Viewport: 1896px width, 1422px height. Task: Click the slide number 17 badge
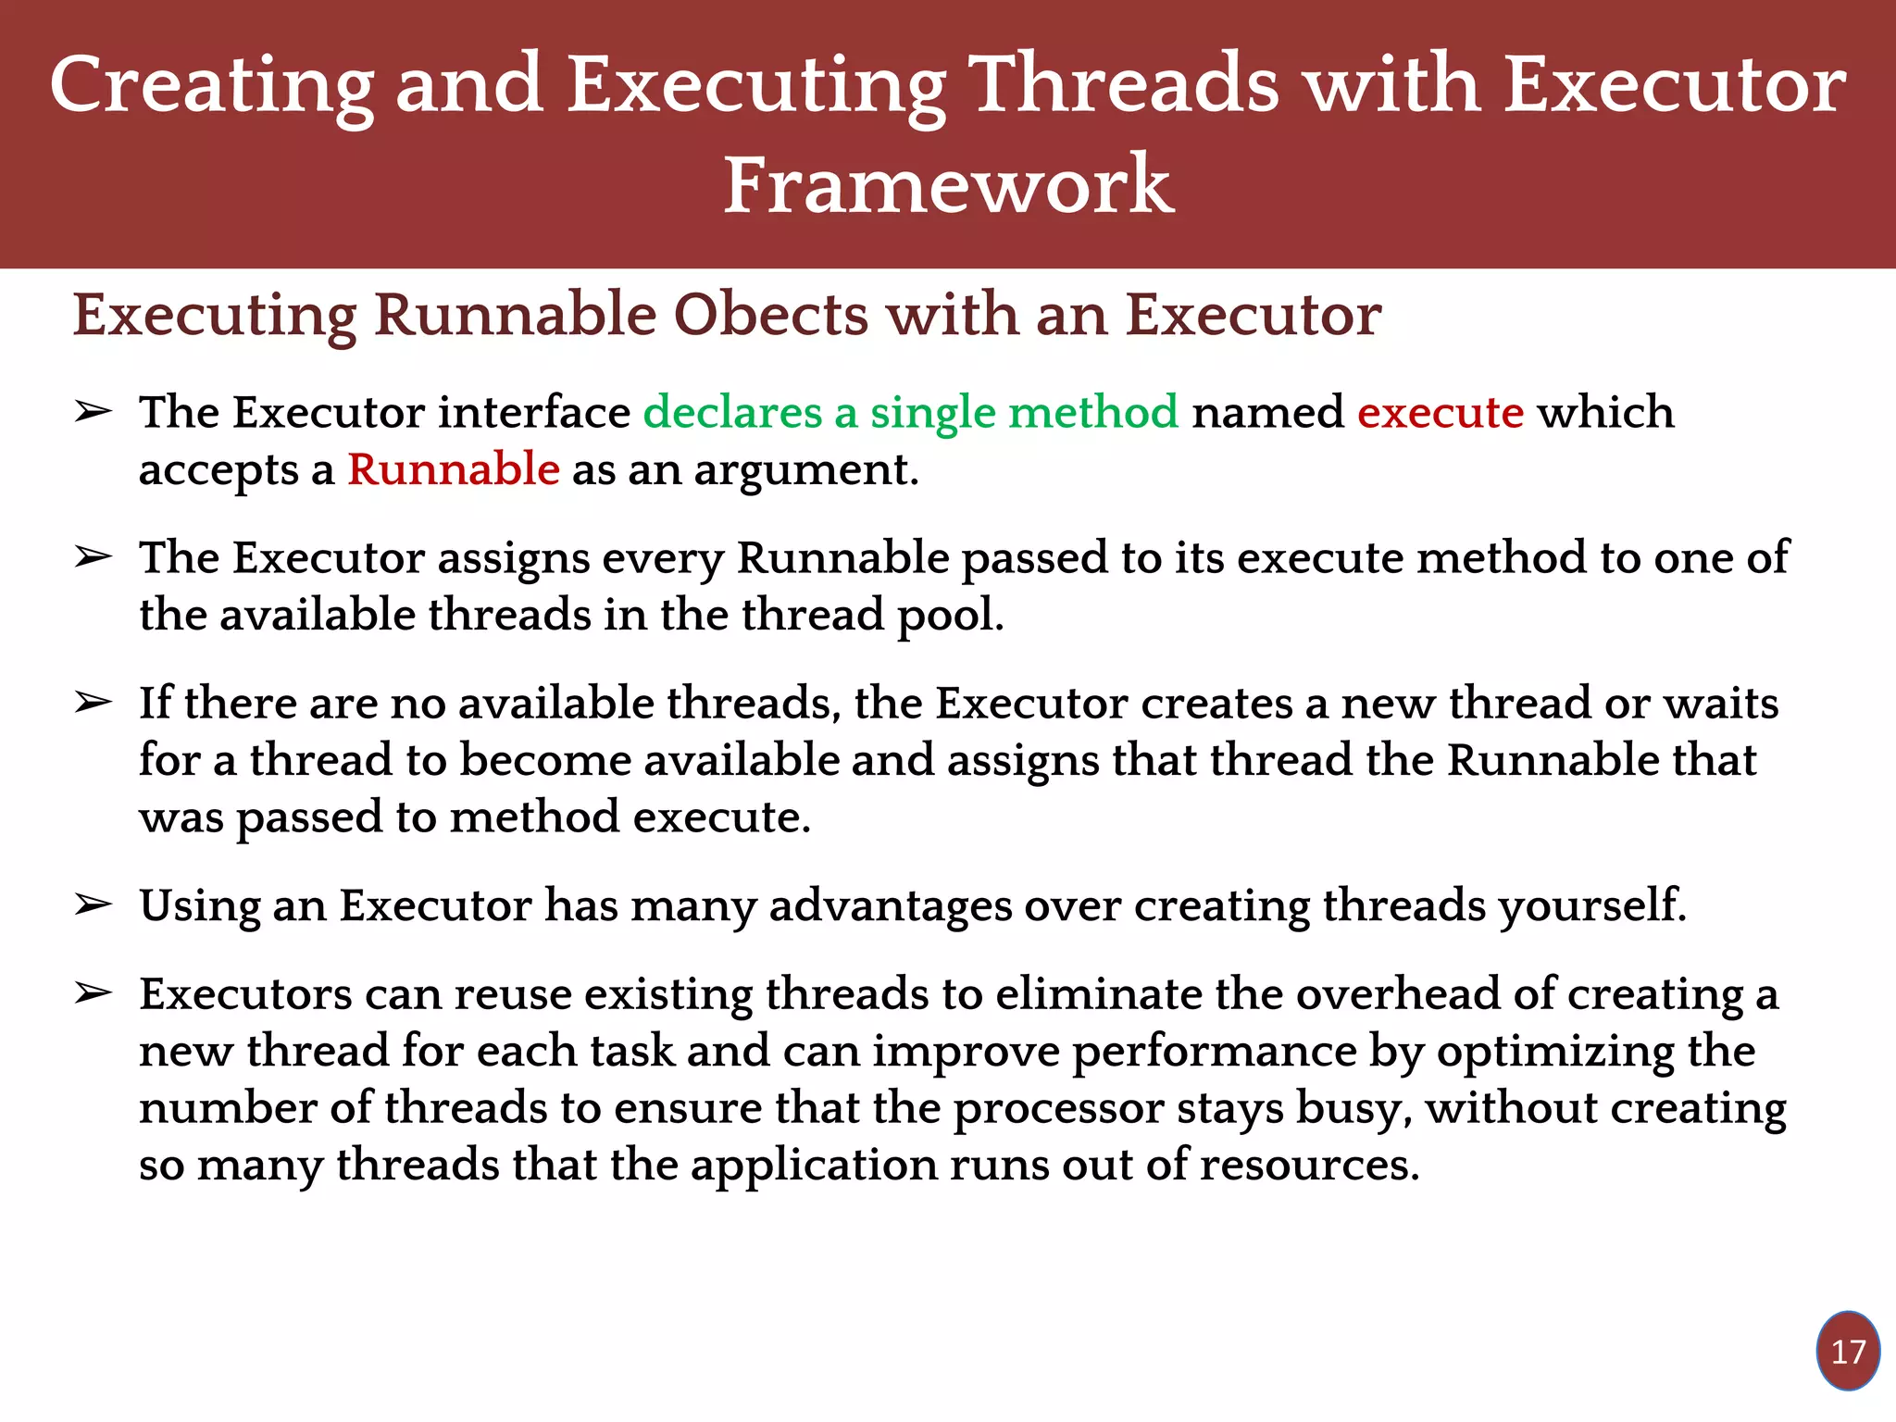[1848, 1352]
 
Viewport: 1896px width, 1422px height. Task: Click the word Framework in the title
[948, 185]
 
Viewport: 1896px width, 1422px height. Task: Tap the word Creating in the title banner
[211, 85]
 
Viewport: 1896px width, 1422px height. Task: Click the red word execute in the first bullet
[1441, 412]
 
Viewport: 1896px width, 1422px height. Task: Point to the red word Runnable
[454, 469]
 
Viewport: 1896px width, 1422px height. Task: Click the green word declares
[732, 412]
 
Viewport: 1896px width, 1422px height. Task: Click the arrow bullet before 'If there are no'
[94, 703]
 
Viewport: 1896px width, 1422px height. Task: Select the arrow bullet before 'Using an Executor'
[94, 904]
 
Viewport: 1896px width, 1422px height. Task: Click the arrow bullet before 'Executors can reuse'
[94, 993]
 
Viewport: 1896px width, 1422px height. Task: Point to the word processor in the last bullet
[1058, 1109]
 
